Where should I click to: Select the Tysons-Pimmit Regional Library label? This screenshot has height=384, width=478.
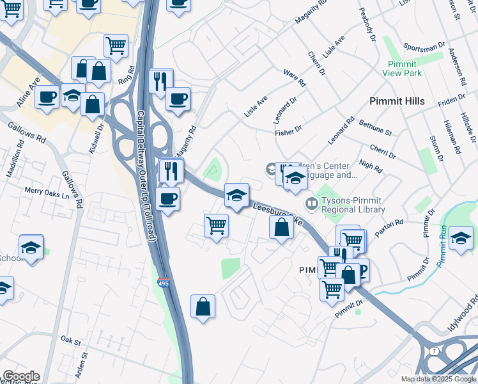tap(353, 205)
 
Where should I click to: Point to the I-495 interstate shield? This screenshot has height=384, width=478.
tap(164, 282)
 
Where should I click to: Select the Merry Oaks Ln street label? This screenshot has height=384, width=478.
tap(47, 190)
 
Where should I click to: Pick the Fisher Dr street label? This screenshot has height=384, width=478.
tap(288, 131)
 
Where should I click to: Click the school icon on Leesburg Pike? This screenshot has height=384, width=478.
tap(236, 195)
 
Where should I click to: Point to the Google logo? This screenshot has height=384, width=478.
tap(20, 376)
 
